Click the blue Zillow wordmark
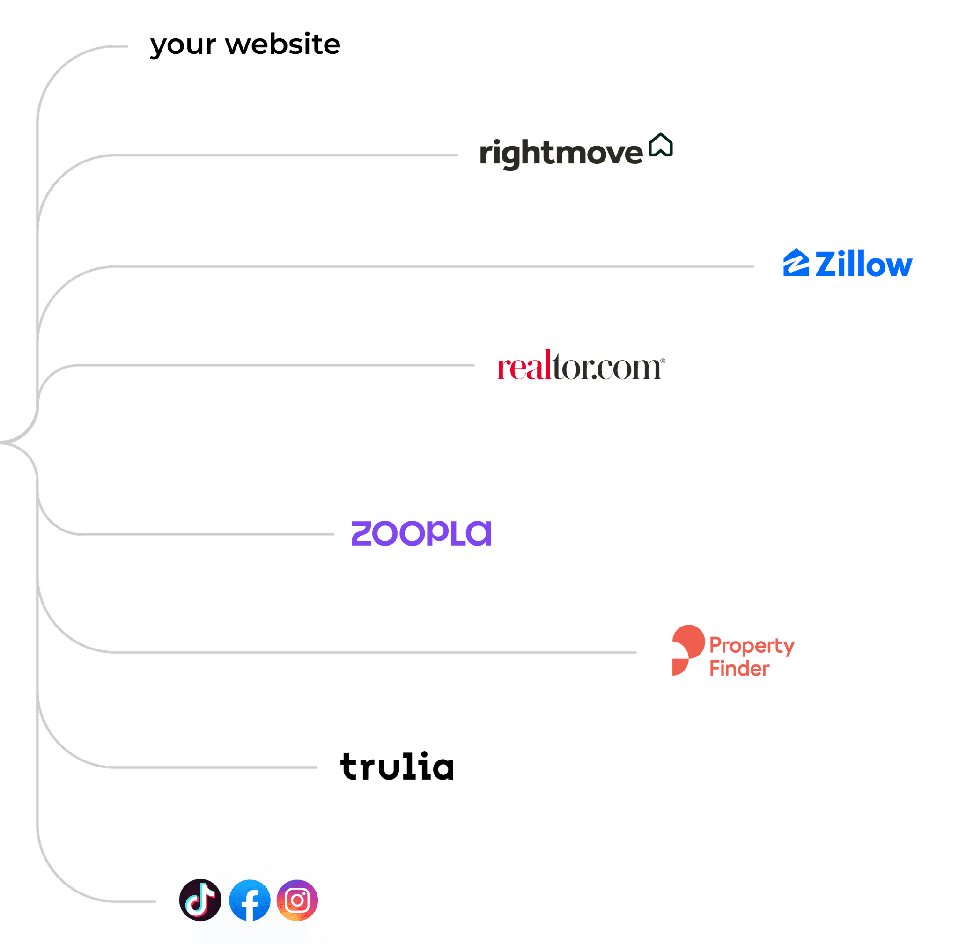(863, 264)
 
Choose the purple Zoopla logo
(421, 533)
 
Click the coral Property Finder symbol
(687, 650)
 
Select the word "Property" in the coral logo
(751, 646)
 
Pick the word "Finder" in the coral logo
(739, 669)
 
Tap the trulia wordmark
(397, 767)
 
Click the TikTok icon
(200, 900)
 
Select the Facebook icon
(250, 900)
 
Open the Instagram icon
(297, 900)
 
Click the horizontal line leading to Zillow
(431, 267)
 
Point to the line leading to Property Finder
(372, 652)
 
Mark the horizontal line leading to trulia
(213, 767)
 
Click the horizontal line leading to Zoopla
(208, 534)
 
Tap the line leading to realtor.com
(273, 366)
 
